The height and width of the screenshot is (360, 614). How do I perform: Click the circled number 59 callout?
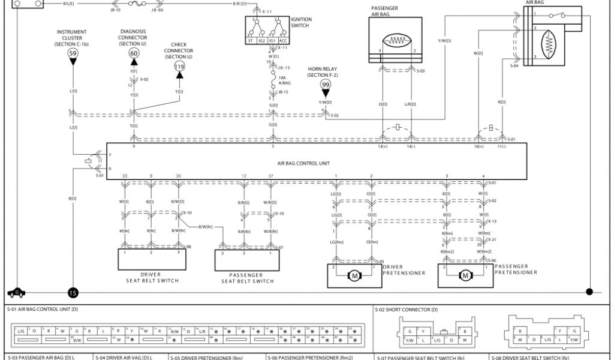[73, 54]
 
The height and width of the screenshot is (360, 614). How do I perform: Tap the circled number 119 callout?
[179, 67]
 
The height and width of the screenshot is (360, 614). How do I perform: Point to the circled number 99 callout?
[326, 85]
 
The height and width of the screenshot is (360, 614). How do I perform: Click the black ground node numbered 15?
[73, 293]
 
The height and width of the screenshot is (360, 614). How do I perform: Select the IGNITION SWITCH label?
[300, 23]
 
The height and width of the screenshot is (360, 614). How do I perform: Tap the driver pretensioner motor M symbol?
[354, 275]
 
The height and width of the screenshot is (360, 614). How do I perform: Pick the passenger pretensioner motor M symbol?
[465, 275]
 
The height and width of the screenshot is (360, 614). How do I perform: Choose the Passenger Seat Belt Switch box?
[247, 261]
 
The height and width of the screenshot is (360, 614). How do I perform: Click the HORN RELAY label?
[323, 72]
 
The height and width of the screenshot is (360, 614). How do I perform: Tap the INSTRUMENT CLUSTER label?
[72, 38]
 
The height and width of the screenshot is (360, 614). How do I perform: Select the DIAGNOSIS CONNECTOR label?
[133, 38]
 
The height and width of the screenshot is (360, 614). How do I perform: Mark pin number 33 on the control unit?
[125, 175]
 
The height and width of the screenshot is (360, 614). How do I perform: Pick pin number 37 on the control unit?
[271, 175]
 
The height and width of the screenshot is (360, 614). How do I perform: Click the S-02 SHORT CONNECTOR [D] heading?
[406, 310]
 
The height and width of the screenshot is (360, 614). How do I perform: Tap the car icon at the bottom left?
[17, 292]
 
